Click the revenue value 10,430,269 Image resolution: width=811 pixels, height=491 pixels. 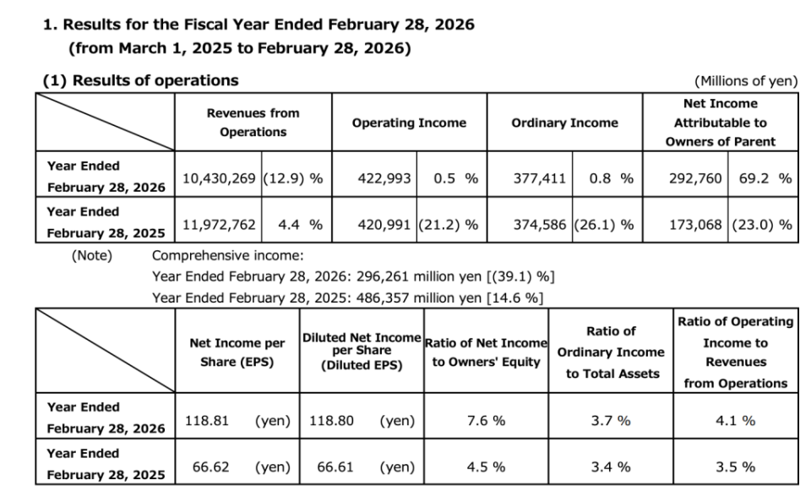point(219,178)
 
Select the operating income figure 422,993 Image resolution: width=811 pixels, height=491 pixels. point(384,178)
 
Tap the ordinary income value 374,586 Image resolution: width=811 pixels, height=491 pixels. point(540,225)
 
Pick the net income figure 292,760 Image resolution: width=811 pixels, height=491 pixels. point(695,178)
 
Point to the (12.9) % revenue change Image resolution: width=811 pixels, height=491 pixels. point(293,178)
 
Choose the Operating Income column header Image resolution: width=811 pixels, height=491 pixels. point(409,123)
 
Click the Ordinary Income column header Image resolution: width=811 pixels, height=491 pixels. point(565,123)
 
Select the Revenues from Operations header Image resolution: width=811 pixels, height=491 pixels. point(253,123)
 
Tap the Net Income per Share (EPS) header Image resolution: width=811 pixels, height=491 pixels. point(237,352)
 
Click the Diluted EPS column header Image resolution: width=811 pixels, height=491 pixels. point(362,352)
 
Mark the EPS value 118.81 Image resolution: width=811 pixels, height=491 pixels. point(207,421)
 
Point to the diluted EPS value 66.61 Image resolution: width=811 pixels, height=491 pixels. point(335,466)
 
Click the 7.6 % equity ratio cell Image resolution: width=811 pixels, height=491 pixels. point(486,421)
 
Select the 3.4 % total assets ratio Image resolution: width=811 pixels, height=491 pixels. point(611,466)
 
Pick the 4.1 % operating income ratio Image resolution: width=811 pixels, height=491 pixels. point(736,421)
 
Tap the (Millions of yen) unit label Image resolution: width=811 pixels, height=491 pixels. point(746,81)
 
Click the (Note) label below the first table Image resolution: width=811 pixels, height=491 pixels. point(91,255)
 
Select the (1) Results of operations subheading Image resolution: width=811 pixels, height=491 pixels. point(141,81)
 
